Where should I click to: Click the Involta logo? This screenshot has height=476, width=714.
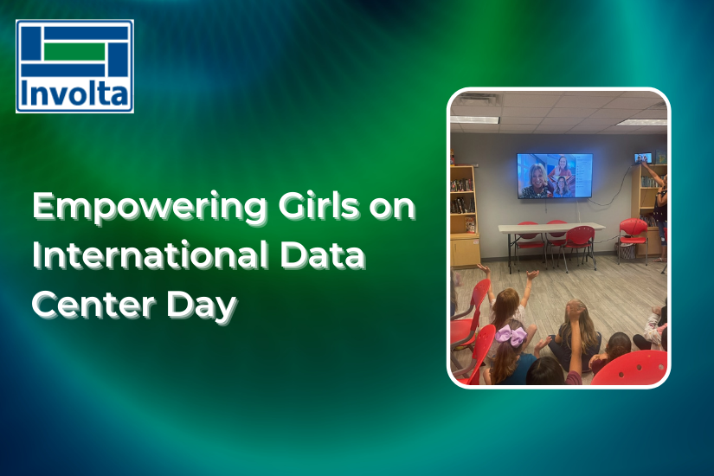[74, 66]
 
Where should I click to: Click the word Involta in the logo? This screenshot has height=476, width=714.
[74, 93]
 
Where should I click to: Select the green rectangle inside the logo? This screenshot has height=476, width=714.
[74, 51]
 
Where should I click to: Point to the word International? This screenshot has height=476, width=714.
[151, 254]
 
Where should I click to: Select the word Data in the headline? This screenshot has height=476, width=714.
[323, 254]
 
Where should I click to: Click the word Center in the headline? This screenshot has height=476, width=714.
[93, 305]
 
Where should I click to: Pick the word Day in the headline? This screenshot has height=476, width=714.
[202, 306]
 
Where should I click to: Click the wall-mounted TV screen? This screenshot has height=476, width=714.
[555, 176]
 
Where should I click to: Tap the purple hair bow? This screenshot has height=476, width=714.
[511, 335]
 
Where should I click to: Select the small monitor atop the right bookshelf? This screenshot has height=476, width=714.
[643, 158]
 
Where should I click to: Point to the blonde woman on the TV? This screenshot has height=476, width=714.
[537, 181]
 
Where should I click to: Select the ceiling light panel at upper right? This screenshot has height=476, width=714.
[643, 122]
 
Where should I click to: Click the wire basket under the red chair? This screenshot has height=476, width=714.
[626, 250]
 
